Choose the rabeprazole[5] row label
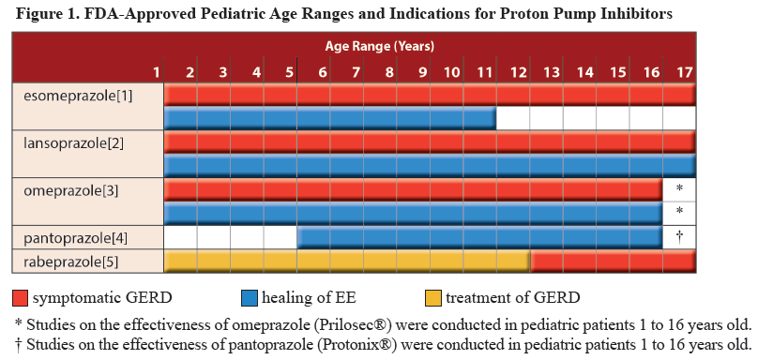[x=63, y=262]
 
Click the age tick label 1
[x=158, y=71]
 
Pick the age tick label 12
[x=518, y=71]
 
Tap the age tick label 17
[x=684, y=71]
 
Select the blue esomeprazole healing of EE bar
[x=330, y=118]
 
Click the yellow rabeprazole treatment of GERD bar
[x=347, y=262]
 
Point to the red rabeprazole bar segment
[x=613, y=262]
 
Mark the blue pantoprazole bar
[x=479, y=237]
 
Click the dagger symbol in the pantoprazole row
[x=678, y=236]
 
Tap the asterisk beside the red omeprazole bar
[x=678, y=189]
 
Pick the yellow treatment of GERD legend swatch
[x=432, y=299]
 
